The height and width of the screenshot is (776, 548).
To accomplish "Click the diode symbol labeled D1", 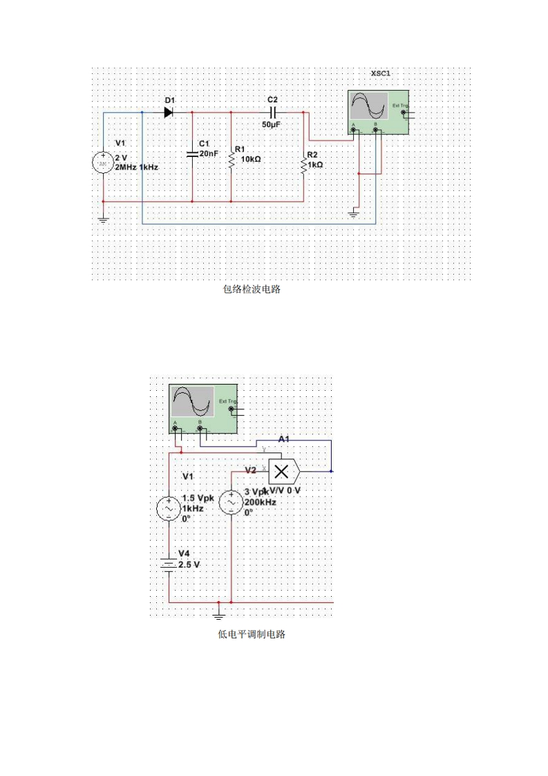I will (168, 112).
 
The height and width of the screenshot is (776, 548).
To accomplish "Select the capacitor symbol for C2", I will (273, 112).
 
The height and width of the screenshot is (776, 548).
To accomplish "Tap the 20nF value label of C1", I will (209, 154).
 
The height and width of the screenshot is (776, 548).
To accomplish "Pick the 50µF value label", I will (272, 124).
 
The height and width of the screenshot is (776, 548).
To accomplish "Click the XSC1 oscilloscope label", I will (382, 73).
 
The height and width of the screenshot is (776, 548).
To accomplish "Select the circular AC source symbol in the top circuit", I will (104, 163).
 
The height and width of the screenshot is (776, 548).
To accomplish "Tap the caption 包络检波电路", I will (252, 290).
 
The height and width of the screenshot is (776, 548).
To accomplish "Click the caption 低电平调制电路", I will (252, 634).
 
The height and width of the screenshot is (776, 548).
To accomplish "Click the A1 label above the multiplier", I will (284, 439).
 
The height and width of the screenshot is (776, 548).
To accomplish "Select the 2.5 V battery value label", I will (189, 565).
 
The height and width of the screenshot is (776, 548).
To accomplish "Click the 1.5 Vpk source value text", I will (198, 498).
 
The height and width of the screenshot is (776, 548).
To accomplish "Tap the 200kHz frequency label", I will (261, 502).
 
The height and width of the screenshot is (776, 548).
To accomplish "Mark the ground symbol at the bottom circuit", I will (220, 613).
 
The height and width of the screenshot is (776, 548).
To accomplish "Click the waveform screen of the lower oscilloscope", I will (193, 401).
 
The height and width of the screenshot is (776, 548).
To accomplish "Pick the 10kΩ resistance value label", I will (247, 158).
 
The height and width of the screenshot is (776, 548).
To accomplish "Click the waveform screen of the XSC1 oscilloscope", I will (369, 107).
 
